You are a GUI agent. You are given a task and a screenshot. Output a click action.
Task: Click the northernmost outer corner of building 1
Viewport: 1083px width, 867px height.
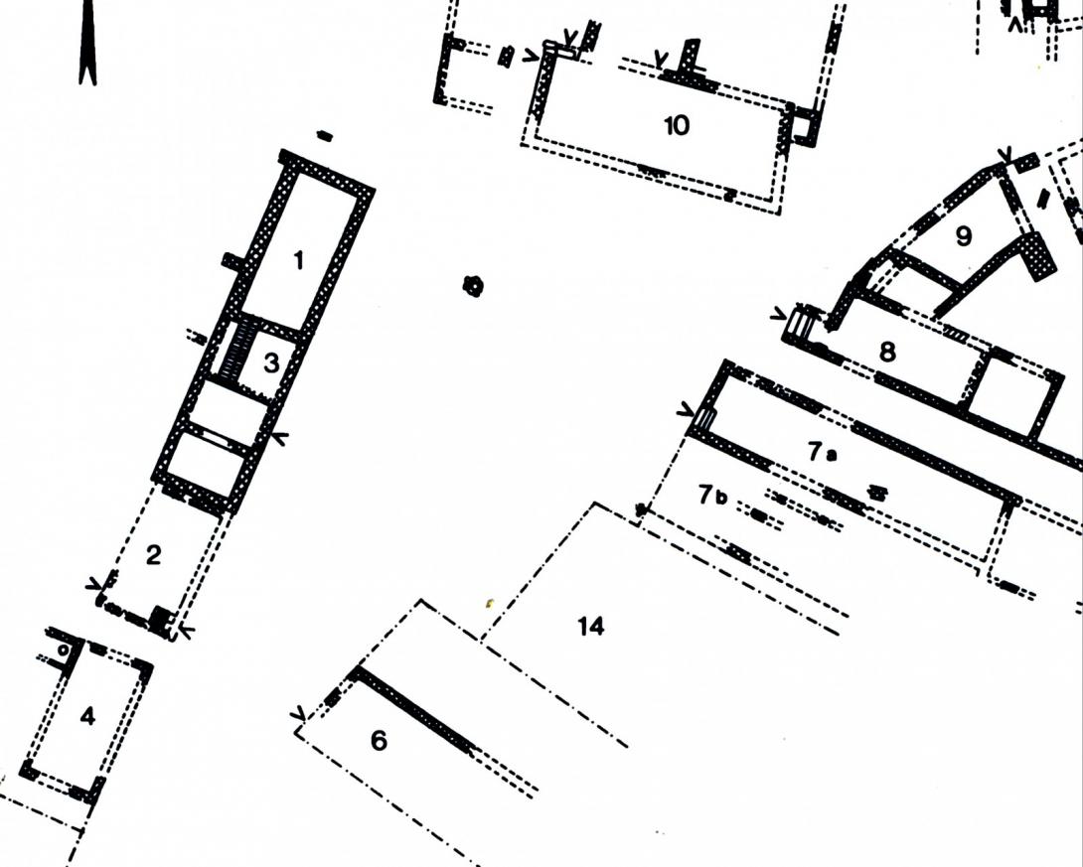click(x=282, y=150)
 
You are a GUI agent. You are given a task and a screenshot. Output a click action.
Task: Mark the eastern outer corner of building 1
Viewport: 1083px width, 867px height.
click(x=375, y=189)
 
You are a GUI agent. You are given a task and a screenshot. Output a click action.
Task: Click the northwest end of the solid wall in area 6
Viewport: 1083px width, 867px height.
click(x=356, y=668)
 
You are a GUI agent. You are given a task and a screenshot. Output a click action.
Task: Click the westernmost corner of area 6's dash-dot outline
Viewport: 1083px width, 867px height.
click(x=296, y=732)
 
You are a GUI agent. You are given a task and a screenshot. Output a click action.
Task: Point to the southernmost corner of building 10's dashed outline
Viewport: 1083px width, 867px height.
click(x=779, y=214)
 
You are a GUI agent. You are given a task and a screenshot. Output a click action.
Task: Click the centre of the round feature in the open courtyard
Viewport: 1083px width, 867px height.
click(x=473, y=284)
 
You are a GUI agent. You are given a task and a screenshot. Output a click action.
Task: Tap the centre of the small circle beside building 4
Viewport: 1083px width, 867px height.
click(x=63, y=650)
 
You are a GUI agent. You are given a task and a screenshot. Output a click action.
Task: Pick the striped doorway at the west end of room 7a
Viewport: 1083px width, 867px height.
click(x=703, y=418)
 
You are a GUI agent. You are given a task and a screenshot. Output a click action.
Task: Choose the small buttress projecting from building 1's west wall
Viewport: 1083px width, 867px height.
click(x=232, y=261)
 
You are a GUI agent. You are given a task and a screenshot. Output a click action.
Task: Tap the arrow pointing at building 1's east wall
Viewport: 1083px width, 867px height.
click(x=281, y=437)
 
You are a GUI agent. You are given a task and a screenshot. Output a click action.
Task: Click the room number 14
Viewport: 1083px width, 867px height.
click(x=590, y=626)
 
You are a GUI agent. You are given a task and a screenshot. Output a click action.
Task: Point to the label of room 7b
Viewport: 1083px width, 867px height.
click(x=712, y=495)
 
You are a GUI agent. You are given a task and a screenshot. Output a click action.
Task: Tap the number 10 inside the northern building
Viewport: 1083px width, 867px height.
click(x=677, y=126)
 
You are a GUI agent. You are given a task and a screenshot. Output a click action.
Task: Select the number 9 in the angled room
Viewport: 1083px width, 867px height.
click(x=964, y=236)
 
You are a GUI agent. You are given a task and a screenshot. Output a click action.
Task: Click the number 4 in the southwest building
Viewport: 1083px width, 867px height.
click(x=87, y=716)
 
